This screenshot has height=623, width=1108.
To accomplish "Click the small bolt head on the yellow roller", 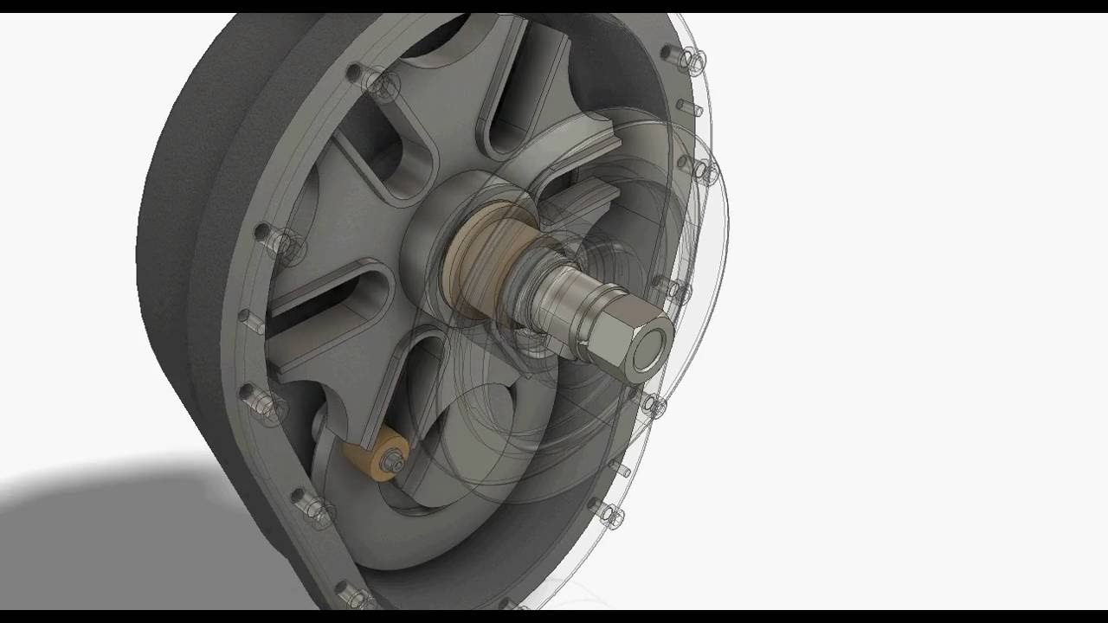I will pos(394,460).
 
